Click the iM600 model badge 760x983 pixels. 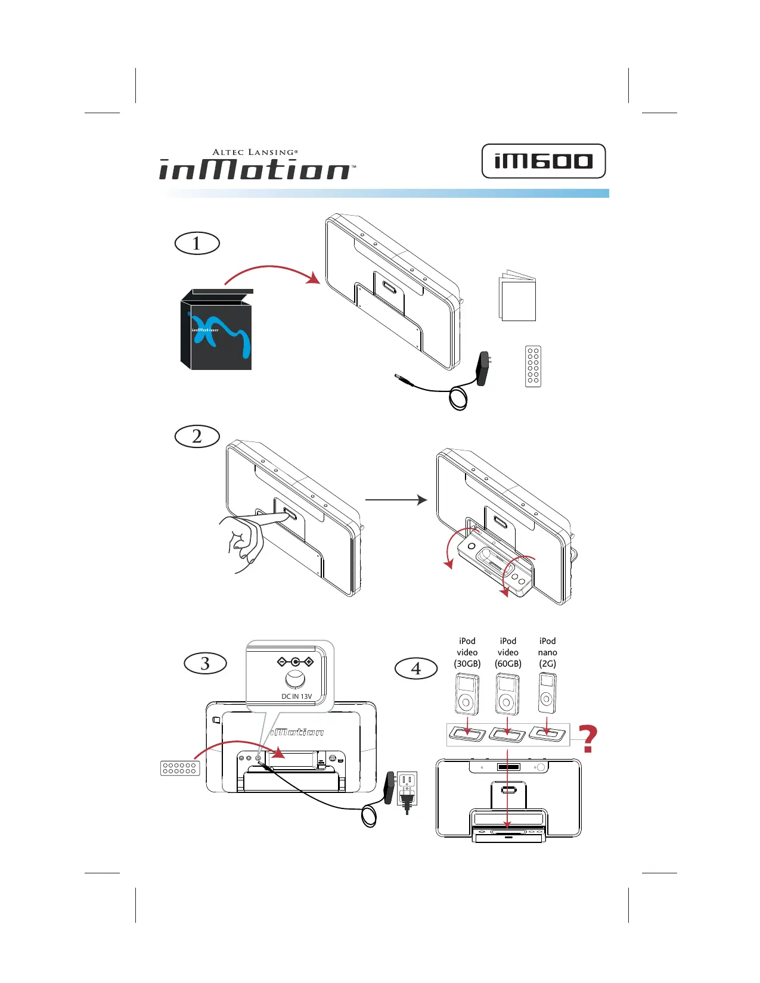543,161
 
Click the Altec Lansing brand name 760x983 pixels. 255,153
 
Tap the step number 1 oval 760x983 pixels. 197,244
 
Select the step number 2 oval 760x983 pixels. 197,436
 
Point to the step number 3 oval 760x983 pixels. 205,663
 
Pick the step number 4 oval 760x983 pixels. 416,668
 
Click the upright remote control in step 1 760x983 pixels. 533,366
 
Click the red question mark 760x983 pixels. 588,739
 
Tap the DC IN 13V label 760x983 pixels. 296,696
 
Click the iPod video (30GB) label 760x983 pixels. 467,652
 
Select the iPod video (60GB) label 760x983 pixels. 508,652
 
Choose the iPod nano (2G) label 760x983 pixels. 547,652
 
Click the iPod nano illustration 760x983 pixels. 547,693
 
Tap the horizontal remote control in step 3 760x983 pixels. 180,768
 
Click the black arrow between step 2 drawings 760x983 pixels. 396,500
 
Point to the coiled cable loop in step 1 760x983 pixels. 458,398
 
